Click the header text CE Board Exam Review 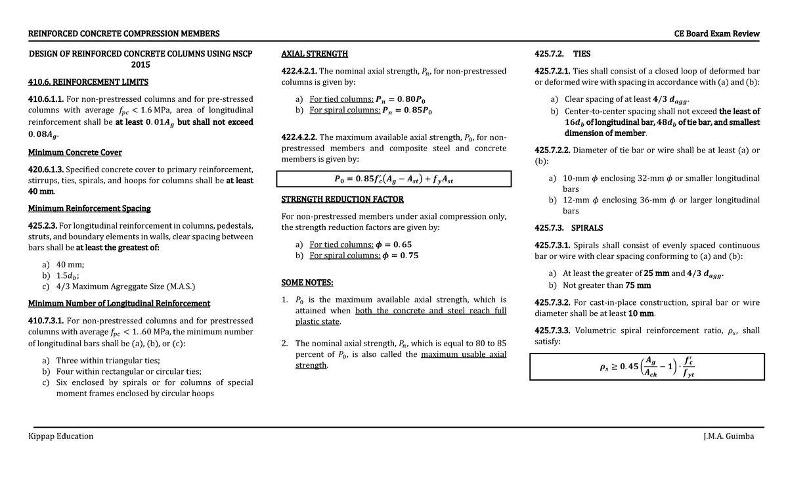(716, 34)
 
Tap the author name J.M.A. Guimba (728, 436)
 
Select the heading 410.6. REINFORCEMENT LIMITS (88, 82)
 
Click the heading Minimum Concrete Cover (75, 152)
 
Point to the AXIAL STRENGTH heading (315, 54)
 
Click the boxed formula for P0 (393, 179)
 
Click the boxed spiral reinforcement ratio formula (649, 367)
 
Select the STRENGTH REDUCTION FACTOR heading (342, 199)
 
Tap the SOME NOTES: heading (307, 283)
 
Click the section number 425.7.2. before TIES (550, 54)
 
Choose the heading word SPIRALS (587, 228)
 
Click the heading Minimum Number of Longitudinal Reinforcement (119, 304)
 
